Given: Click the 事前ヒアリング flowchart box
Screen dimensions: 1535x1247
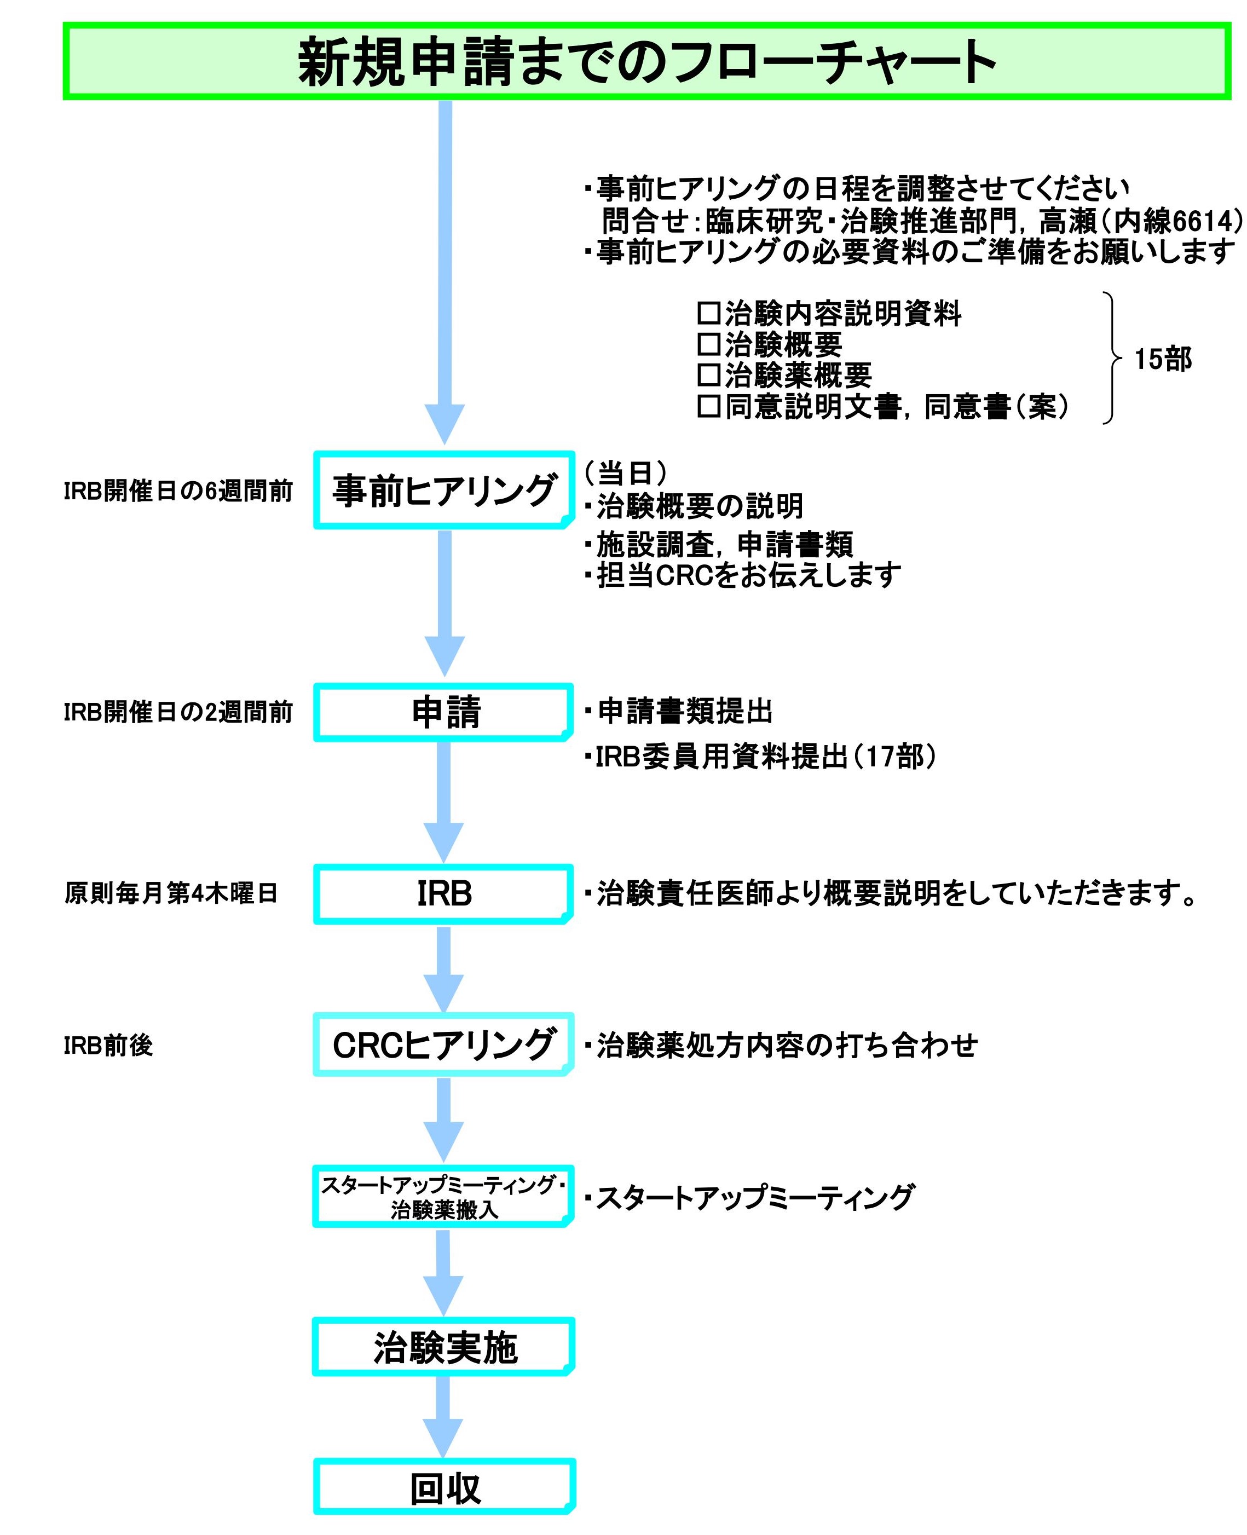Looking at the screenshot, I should coord(444,490).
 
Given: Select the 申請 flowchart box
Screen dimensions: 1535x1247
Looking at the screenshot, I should coord(444,712).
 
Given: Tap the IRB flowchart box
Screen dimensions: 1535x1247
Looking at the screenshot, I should coord(444,893).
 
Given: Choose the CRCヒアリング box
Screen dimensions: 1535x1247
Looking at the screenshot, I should coord(444,1045).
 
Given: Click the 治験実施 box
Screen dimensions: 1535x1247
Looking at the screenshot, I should coord(444,1347).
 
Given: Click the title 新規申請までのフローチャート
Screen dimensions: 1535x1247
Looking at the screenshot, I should coord(646,62).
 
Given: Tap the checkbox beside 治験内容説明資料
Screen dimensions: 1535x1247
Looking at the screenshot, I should coord(708,313).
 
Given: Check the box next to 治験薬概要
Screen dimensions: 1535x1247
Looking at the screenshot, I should coord(708,375).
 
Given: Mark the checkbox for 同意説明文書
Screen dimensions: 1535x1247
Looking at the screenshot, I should coord(708,407).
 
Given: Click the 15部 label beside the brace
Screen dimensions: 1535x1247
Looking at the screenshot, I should coord(1162,359).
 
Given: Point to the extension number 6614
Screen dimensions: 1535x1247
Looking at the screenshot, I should coord(1204,221).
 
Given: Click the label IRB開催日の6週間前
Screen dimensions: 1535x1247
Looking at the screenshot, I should coord(178,491).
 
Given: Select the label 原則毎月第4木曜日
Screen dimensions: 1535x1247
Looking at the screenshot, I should coord(171,893).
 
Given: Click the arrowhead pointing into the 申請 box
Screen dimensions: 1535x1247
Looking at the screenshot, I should coord(444,655).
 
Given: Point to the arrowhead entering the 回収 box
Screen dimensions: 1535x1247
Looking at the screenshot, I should coord(443,1436).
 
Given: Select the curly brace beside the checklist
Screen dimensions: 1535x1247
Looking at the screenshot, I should coord(1112,357).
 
